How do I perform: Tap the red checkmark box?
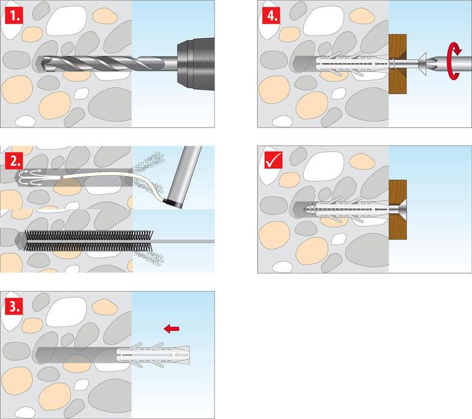tap(270, 160)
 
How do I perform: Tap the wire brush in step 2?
tap(85, 240)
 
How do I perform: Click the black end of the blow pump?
tap(174, 200)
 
